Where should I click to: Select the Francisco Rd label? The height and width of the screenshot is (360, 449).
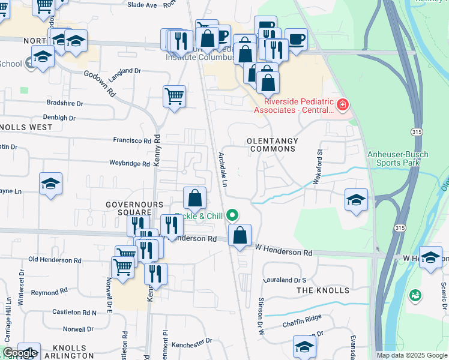pos(132,140)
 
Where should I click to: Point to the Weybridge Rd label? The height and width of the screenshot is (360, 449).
pos(129,163)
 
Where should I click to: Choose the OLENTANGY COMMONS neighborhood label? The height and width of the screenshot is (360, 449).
pos(272,145)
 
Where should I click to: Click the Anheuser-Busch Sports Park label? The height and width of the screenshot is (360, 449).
pos(398,158)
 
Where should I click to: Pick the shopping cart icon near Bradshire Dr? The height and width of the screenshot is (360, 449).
pos(174,95)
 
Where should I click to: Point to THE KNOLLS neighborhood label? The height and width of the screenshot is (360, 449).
pos(323,290)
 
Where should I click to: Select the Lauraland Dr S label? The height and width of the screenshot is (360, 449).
pos(285,280)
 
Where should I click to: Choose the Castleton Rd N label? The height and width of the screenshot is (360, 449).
pos(74,313)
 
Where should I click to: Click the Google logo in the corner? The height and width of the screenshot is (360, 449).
pos(19,353)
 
